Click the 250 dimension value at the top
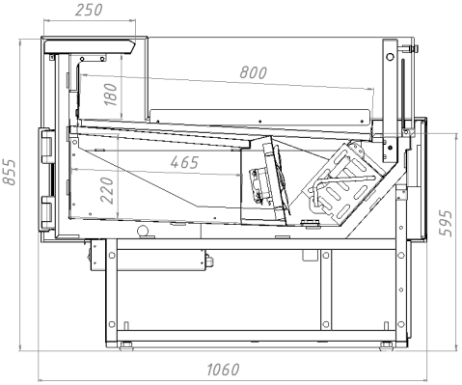click(x=89, y=10)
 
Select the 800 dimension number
click(x=254, y=72)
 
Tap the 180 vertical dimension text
click(x=111, y=95)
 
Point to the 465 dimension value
click(x=184, y=162)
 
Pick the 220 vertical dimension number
click(x=107, y=190)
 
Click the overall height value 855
click(x=9, y=172)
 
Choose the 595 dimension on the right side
click(x=446, y=224)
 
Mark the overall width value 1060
click(x=223, y=370)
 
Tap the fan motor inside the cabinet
click(x=261, y=186)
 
